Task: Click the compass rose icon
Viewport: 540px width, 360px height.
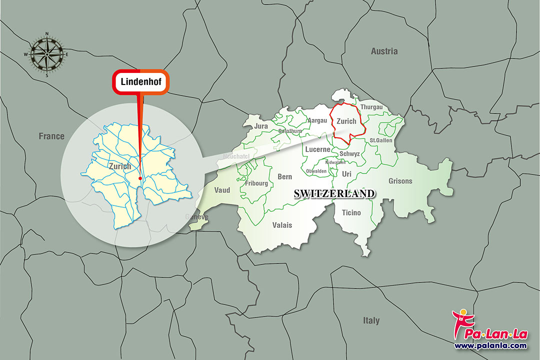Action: click(47, 54)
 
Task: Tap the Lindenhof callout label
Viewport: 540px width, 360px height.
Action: click(140, 81)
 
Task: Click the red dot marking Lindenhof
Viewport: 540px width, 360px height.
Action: click(140, 178)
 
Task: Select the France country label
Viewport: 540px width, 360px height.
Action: click(51, 136)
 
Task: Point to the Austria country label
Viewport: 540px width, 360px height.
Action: click(384, 51)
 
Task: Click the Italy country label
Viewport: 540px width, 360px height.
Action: click(371, 320)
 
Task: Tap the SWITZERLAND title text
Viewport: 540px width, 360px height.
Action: click(334, 193)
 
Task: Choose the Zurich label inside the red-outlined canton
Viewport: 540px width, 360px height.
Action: click(346, 121)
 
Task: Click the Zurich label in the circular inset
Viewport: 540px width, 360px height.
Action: click(119, 166)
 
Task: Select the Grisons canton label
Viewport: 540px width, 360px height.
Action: click(400, 181)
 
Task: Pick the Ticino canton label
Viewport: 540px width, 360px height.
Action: click(351, 213)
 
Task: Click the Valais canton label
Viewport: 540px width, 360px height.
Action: click(282, 225)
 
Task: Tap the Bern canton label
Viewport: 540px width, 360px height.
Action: click(284, 176)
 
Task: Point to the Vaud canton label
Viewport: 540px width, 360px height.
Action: click(222, 190)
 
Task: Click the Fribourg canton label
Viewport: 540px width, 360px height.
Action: click(256, 183)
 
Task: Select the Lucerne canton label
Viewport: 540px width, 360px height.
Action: click(317, 149)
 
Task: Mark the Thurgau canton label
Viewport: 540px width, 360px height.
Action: click(371, 107)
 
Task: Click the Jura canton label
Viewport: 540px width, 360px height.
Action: click(261, 126)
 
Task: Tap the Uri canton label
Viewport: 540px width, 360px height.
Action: click(347, 173)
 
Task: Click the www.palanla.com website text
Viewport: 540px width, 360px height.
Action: click(490, 345)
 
